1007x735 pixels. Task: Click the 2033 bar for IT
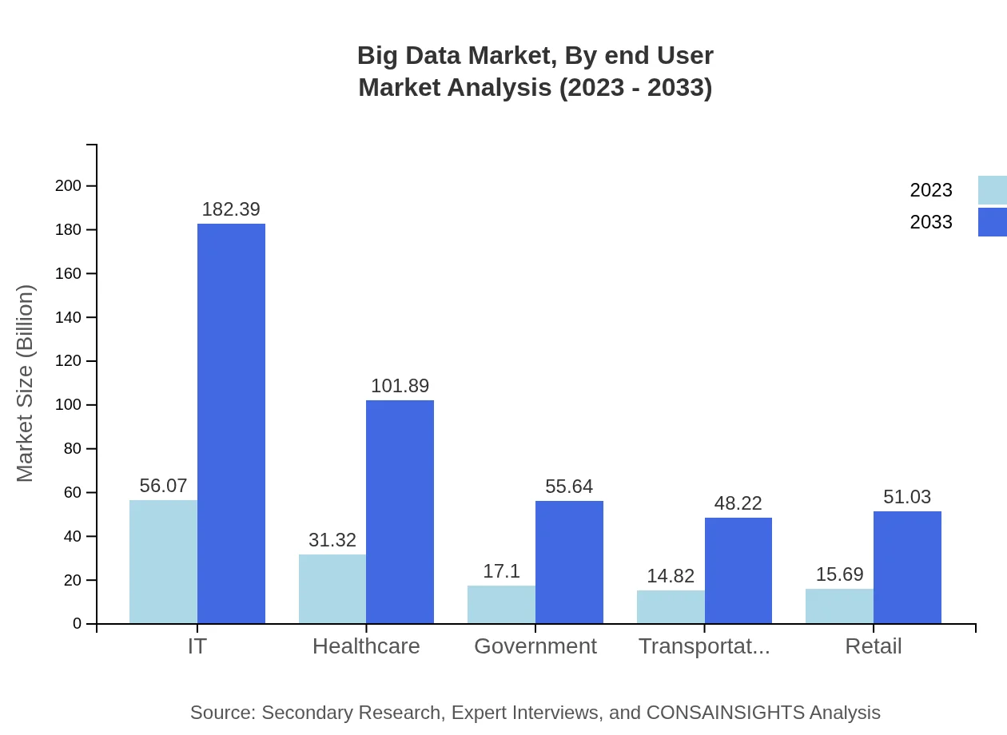pos(231,423)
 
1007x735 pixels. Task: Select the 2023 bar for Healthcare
pos(332,589)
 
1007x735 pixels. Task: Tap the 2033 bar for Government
pos(569,562)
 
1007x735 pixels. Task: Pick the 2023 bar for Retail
pos(839,606)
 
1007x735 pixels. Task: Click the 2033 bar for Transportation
pos(738,570)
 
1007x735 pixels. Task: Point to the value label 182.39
pos(231,209)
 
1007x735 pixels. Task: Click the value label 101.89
pos(400,386)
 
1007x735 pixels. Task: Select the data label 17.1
pos(501,571)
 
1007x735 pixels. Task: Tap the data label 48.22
pos(738,503)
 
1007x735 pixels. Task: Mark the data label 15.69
pos(839,574)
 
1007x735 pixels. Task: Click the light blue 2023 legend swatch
pos(992,190)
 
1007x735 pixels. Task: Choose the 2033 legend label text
pos(931,222)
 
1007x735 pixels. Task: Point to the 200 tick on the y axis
pos(69,186)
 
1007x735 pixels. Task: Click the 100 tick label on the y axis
pos(69,405)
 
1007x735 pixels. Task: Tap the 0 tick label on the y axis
pos(78,623)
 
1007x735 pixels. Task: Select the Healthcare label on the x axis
pos(366,646)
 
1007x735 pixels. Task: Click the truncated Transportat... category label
pos(704,646)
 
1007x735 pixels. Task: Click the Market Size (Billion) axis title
pos(26,383)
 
